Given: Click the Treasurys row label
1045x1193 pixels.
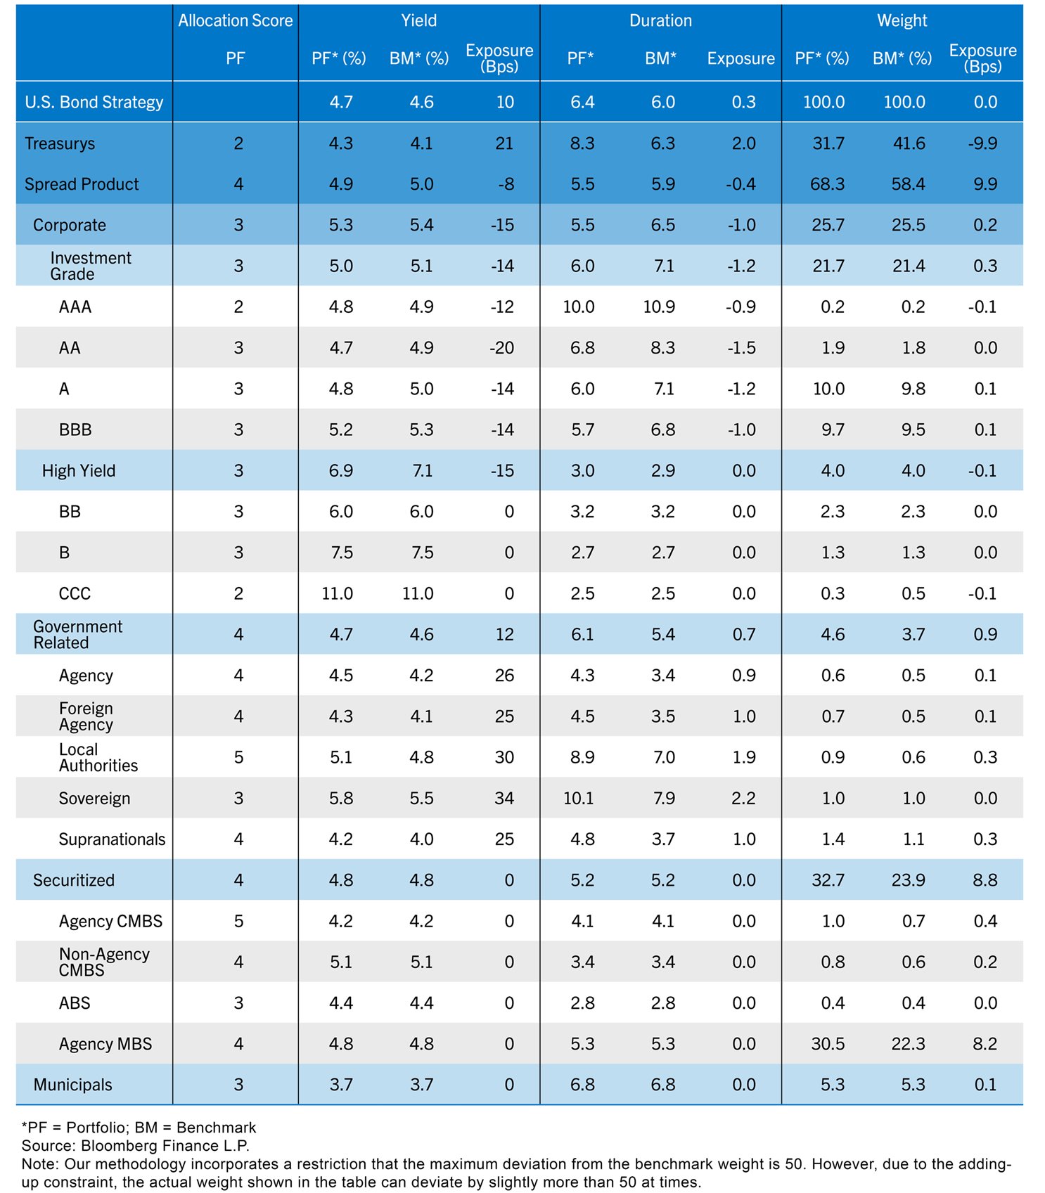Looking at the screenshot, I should pos(60,143).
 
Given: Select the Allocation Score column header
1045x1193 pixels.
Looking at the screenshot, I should pos(235,21).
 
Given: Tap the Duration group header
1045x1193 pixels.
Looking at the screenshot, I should pos(660,21).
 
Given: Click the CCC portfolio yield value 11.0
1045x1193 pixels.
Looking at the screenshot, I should pos(338,594).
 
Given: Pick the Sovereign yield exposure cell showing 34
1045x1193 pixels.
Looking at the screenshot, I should pos(504,799).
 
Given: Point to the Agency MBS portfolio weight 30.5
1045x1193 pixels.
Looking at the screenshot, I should pos(828,1044).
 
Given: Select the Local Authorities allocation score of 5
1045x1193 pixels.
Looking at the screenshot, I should pos(238,758).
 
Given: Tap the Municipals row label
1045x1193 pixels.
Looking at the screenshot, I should pos(72,1085).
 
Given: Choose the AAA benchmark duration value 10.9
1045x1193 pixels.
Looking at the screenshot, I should pos(659,307).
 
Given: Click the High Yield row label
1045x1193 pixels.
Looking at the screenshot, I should pos(79,471).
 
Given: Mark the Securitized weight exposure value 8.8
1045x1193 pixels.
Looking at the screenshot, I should pos(985,880).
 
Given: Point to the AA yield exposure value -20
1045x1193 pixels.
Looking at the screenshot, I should pos(502,348).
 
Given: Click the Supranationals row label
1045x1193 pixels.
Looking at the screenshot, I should pos(112,839).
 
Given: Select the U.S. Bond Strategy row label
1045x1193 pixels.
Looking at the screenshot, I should pos(94,103).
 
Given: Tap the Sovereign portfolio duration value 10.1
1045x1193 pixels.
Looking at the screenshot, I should pos(578,799).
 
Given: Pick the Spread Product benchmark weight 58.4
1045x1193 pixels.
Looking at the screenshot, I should pos(908,184).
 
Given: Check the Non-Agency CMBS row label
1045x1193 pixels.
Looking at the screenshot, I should pos(104,962).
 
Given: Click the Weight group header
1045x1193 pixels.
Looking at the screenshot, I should pos(902,21).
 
